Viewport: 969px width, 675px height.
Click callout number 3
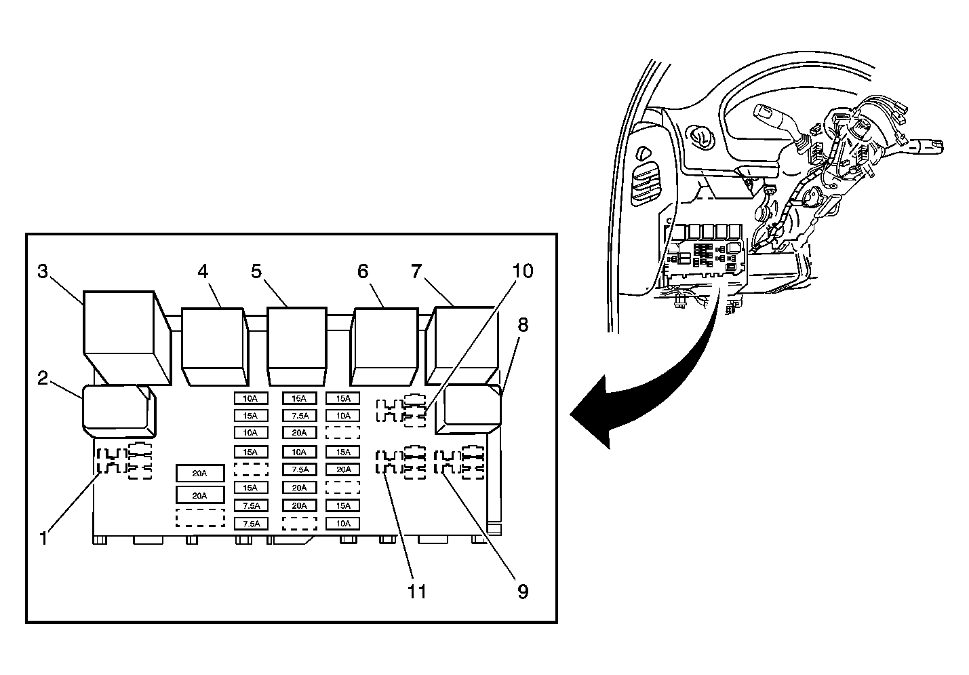[x=43, y=272]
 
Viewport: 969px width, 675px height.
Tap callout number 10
[x=522, y=271]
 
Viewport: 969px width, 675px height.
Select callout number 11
[x=416, y=591]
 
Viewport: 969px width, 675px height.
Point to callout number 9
[x=522, y=591]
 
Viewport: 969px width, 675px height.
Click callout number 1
[x=43, y=539]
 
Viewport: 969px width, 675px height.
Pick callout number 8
[x=522, y=324]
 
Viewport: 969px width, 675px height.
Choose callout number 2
[x=43, y=378]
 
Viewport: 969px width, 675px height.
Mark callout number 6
[x=363, y=272]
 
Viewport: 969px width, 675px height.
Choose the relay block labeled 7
[x=463, y=343]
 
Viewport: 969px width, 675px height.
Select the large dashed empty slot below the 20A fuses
[x=199, y=518]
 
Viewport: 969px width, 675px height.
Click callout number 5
[x=256, y=272]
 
